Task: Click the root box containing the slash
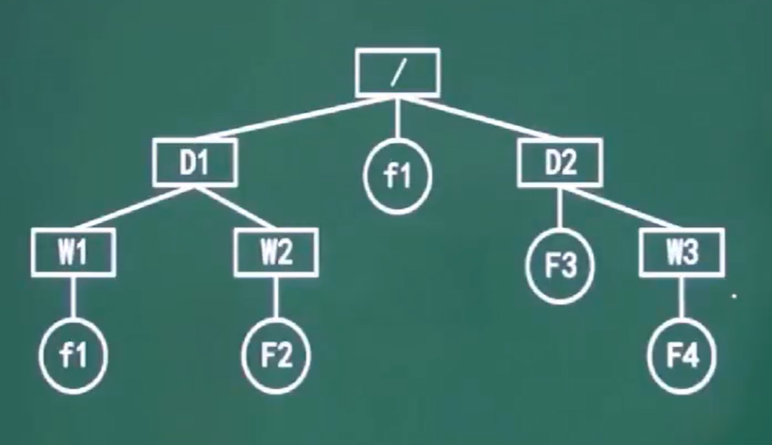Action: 398,72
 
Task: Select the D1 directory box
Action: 196,162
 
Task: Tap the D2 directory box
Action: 559,162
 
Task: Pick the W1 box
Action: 73,254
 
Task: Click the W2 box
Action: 276,254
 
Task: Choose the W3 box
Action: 682,254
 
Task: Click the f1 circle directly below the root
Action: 398,177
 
